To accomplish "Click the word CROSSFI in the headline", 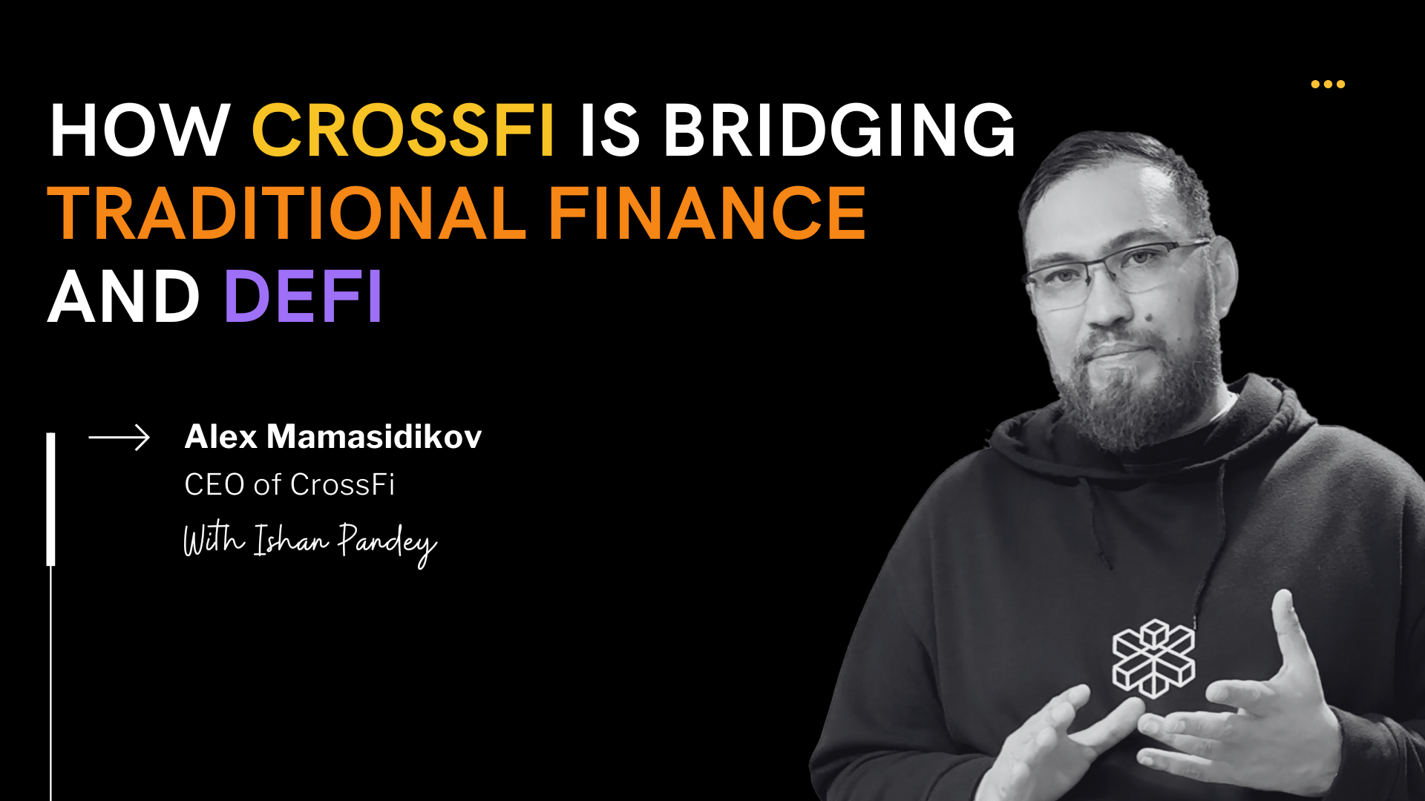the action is point(403,131).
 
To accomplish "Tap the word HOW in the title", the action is point(140,131).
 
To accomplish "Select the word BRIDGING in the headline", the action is point(839,131).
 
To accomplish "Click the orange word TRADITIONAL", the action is point(287,214).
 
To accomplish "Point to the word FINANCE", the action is point(707,214).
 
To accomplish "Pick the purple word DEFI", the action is point(303,297).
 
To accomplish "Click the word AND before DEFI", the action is point(124,297).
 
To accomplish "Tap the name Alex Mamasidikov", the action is point(333,437).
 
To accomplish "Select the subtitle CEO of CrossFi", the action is point(289,485).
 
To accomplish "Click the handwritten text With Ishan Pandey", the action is point(309,542).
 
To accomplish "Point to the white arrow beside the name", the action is point(119,438).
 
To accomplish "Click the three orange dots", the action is point(1328,84).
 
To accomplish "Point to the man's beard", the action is point(1136,393).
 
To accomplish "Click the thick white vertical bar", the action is point(51,499).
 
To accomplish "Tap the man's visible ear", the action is point(1223,274).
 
